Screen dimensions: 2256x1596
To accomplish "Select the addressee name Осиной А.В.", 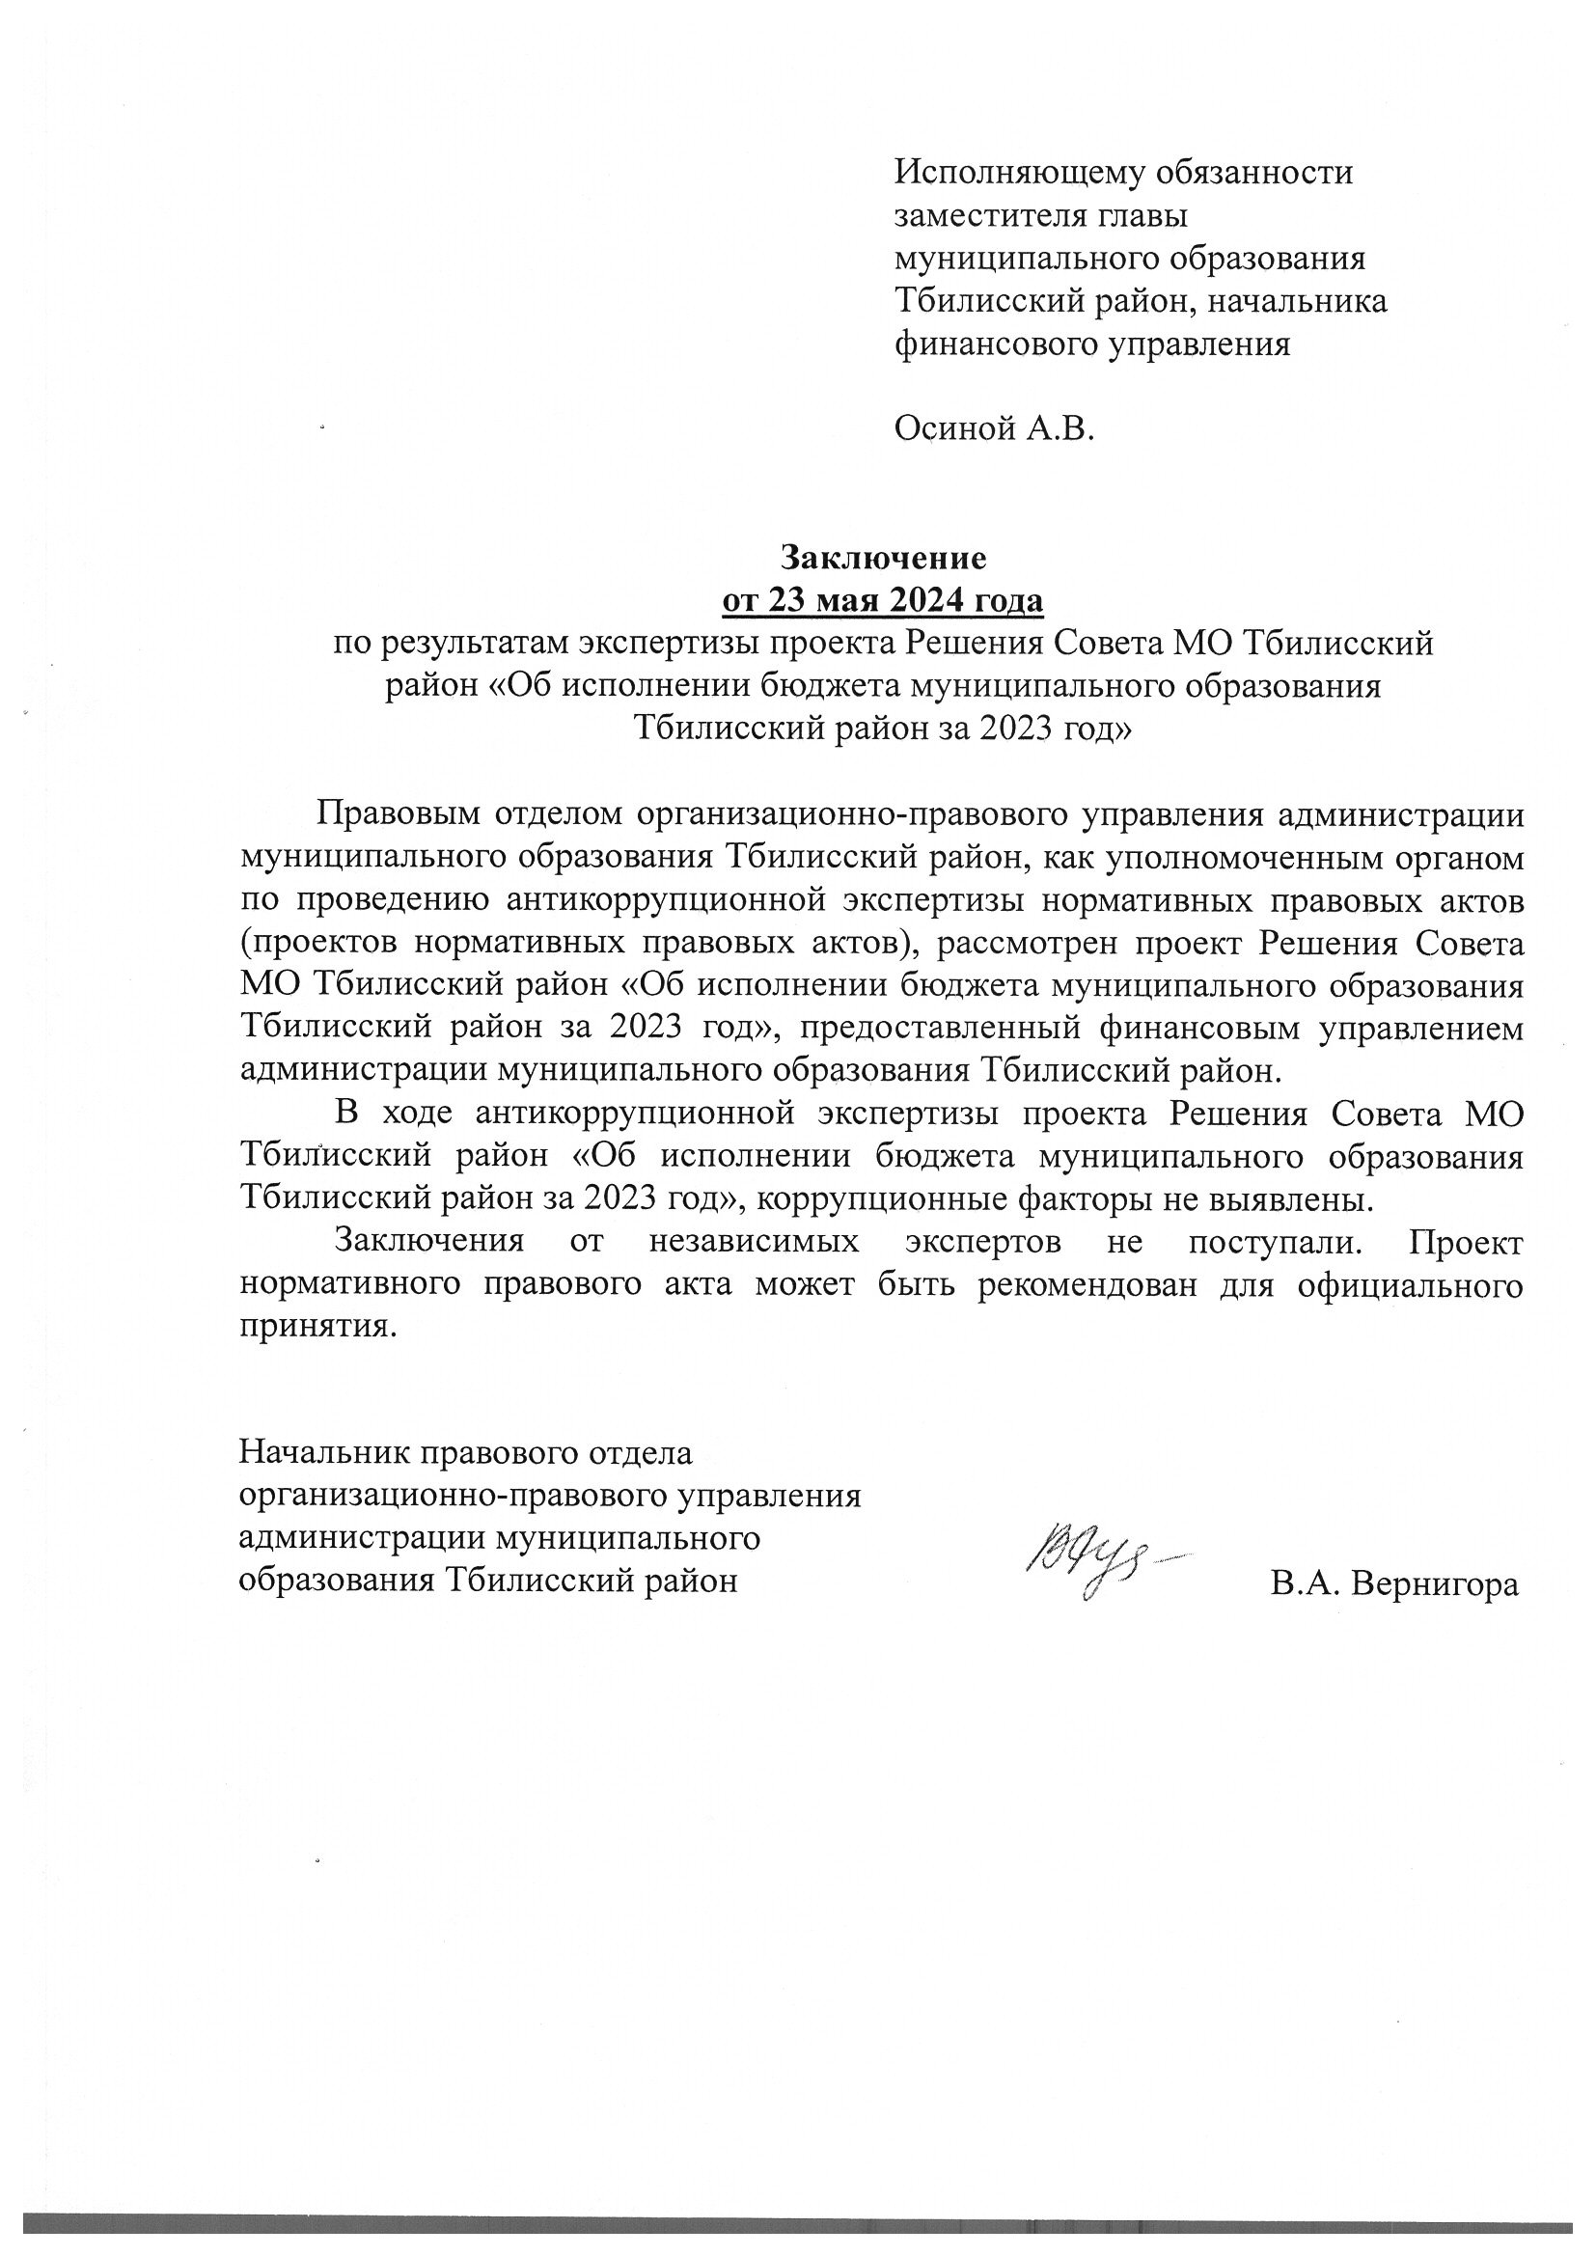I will pyautogui.click(x=994, y=429).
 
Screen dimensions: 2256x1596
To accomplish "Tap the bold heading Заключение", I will pyautogui.click(x=884, y=557).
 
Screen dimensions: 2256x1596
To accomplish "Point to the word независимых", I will pyautogui.click(x=754, y=1241).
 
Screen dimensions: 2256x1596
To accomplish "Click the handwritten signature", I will pyautogui.click(x=1101, y=1563).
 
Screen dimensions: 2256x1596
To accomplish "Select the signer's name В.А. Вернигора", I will pyautogui.click(x=1393, y=1583).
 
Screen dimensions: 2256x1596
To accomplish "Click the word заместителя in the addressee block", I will pyautogui.click(x=996, y=216).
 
